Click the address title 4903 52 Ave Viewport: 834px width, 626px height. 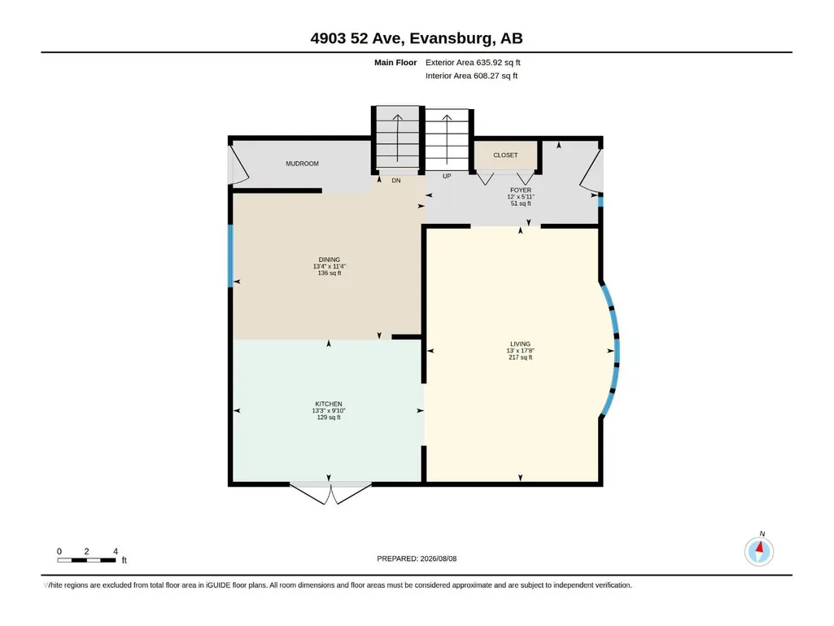[x=359, y=38]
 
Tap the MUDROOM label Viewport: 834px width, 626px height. [x=302, y=164]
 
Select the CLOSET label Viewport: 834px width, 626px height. [x=505, y=155]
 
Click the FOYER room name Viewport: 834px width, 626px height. [x=521, y=190]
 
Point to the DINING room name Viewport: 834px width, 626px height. [x=330, y=260]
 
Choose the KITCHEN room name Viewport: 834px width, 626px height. [x=329, y=404]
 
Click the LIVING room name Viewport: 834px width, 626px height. [x=520, y=344]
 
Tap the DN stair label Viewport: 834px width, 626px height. [x=396, y=181]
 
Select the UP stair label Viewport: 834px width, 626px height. [x=447, y=176]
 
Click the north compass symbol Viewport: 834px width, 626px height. [x=759, y=550]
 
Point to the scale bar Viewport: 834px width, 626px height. [x=87, y=560]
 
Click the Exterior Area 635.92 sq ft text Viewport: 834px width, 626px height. [x=473, y=63]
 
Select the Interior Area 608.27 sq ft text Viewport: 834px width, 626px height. [x=471, y=76]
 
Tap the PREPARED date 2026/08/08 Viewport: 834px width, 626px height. [x=417, y=558]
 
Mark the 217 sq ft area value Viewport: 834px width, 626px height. [x=520, y=357]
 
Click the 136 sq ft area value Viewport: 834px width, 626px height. [x=330, y=273]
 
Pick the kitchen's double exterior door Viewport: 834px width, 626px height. [x=330, y=492]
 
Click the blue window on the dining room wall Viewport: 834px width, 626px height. [x=231, y=256]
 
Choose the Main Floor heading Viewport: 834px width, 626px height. [x=395, y=63]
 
